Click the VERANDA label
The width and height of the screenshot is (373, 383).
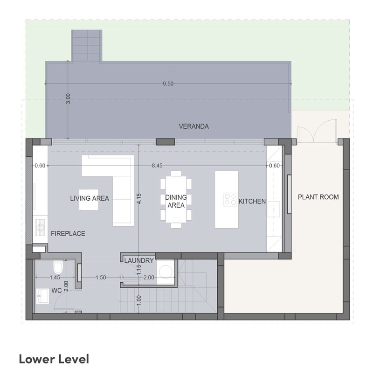(193, 126)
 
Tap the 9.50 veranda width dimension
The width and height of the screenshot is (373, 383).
(168, 84)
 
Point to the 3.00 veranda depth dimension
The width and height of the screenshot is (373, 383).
(68, 98)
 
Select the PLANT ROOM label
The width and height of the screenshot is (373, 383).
(318, 197)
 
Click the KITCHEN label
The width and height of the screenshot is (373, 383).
(252, 201)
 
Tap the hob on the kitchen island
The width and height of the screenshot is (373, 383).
(230, 200)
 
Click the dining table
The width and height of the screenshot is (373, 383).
(176, 199)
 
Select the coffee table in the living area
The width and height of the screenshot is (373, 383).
(89, 200)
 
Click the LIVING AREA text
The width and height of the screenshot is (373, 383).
(90, 198)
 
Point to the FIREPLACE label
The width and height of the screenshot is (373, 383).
(68, 234)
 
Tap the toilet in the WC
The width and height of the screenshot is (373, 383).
(58, 267)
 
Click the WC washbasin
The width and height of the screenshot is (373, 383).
(42, 296)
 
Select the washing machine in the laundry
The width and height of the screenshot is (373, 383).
(166, 272)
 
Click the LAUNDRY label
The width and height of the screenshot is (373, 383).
(139, 261)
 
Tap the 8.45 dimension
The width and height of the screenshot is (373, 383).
(157, 166)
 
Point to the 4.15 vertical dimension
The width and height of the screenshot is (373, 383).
(139, 199)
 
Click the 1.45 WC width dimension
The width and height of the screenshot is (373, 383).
(55, 278)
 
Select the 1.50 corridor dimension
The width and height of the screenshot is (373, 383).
(101, 278)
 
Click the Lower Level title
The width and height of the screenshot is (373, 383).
(54, 359)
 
